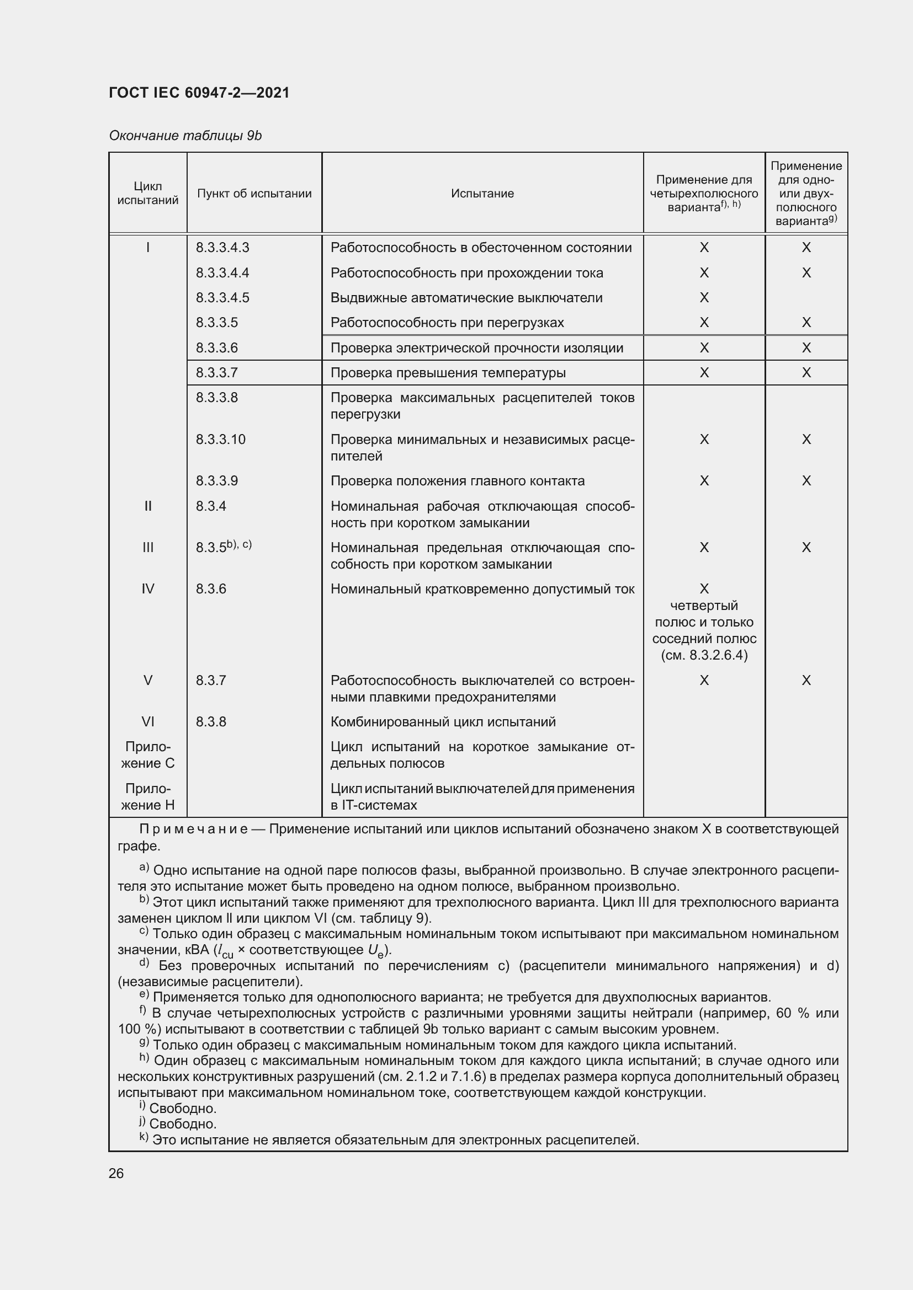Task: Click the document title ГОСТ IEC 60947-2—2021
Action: point(199,93)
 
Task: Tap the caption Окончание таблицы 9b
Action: point(185,136)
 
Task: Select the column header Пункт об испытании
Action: point(254,194)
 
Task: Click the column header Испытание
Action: point(482,194)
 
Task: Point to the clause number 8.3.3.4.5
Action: point(222,298)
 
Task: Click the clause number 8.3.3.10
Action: point(220,440)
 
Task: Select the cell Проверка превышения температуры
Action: point(448,373)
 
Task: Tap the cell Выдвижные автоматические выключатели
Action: point(466,298)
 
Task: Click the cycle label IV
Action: point(148,589)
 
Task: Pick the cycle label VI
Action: point(148,722)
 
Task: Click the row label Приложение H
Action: point(148,797)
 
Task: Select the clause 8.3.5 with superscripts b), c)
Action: point(223,547)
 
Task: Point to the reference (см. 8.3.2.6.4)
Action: point(704,656)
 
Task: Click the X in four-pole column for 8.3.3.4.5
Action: point(704,298)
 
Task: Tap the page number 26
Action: point(116,1174)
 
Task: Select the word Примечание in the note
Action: point(193,830)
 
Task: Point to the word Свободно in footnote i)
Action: point(183,1109)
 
